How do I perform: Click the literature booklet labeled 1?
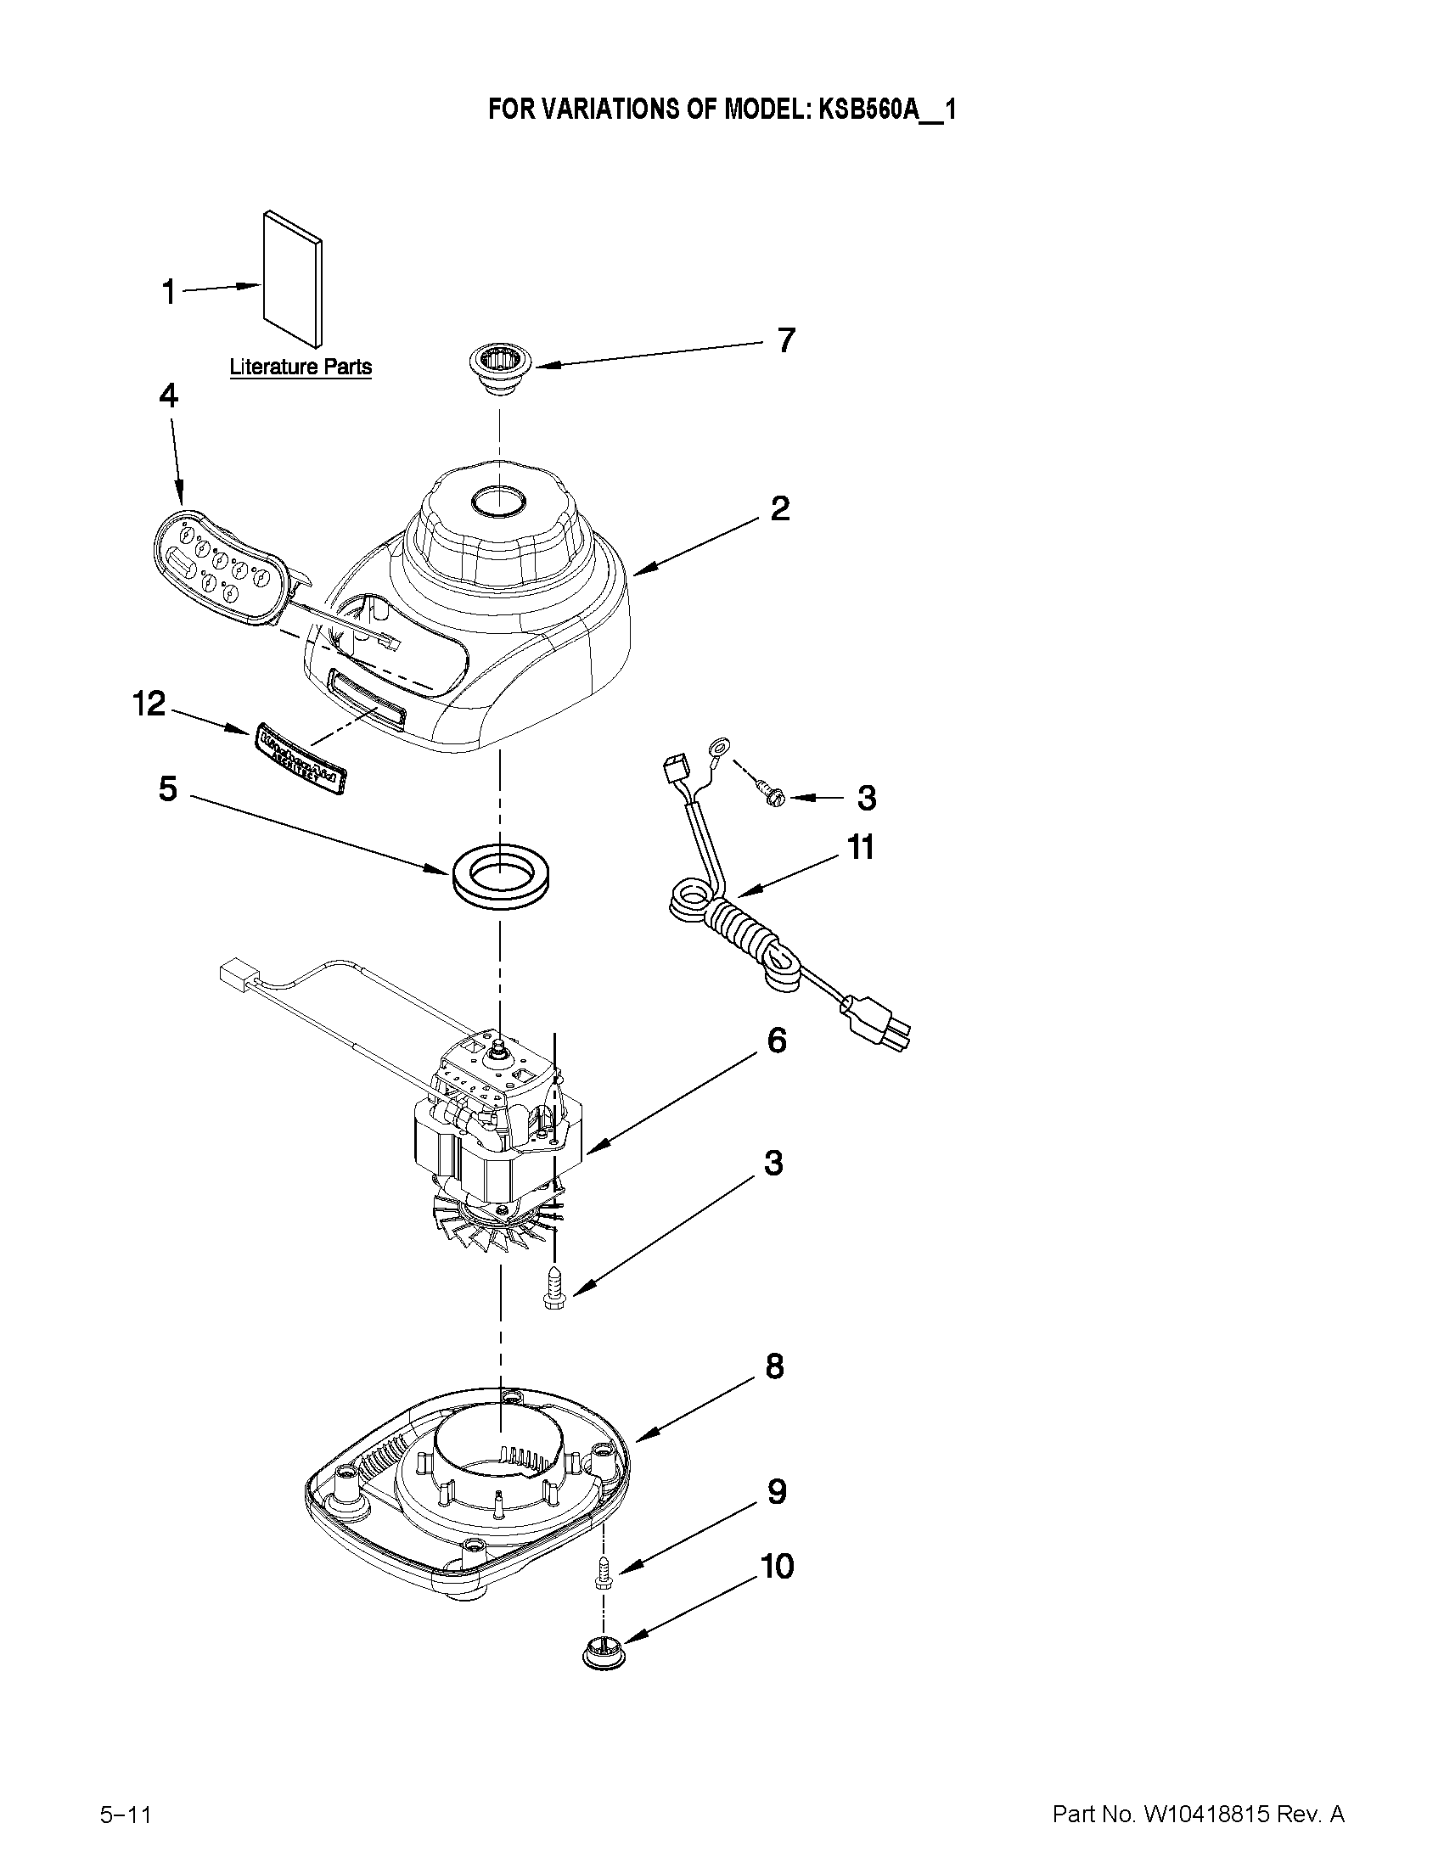(x=295, y=279)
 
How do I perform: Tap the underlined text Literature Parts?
(x=301, y=367)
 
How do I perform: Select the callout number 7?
(x=785, y=340)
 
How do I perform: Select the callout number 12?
(x=148, y=704)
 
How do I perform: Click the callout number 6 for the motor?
(x=776, y=1041)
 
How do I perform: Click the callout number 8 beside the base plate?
(x=773, y=1366)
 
